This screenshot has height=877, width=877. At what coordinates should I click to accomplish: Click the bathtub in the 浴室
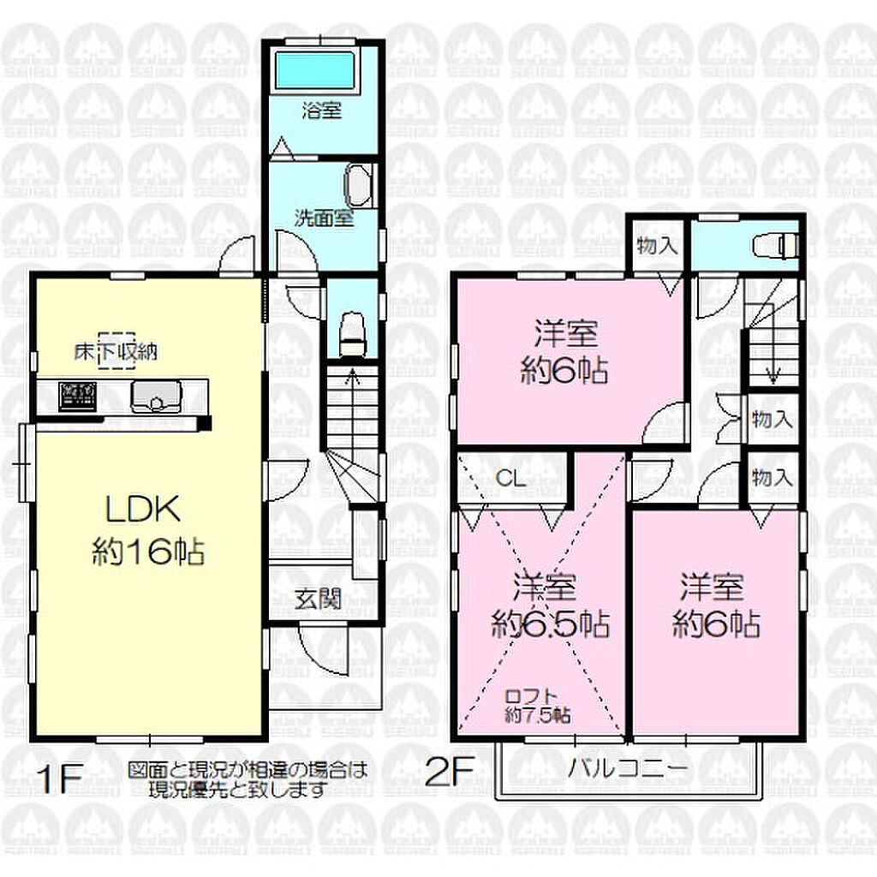pyautogui.click(x=315, y=70)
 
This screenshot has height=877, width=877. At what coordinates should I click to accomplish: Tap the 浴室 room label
pyautogui.click(x=322, y=110)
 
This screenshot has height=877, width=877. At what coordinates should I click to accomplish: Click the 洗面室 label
pyautogui.click(x=324, y=218)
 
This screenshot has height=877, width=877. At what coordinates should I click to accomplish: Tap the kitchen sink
pyautogui.click(x=156, y=396)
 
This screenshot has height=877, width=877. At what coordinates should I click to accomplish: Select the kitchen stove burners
pyautogui.click(x=78, y=396)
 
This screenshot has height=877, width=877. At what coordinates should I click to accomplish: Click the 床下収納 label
pyautogui.click(x=116, y=351)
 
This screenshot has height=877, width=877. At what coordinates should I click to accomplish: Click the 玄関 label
pyautogui.click(x=319, y=599)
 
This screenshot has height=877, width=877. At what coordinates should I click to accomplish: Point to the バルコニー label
pyautogui.click(x=629, y=769)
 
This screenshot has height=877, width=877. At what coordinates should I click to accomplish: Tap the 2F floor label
pyautogui.click(x=450, y=770)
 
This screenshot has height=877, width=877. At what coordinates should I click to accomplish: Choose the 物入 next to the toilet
pyautogui.click(x=658, y=245)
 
